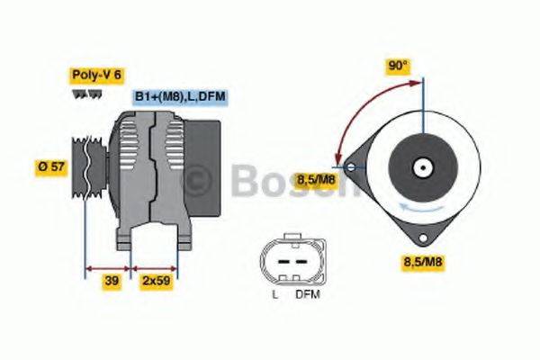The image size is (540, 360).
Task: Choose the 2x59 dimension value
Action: (156, 281)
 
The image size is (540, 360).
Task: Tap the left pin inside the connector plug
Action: (279, 262)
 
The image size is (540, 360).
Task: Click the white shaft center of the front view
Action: (420, 167)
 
